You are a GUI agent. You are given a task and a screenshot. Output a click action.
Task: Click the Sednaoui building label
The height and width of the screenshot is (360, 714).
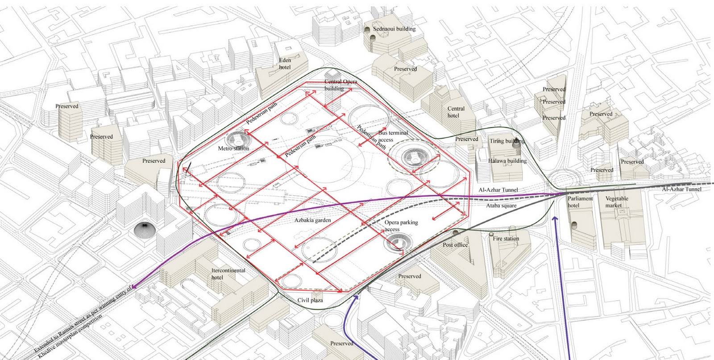[x=394, y=29]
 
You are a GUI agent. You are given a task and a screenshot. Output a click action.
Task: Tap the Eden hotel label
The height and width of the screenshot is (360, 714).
[x=285, y=64]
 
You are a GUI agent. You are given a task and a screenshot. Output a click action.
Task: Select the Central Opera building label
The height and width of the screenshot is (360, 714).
[x=340, y=85]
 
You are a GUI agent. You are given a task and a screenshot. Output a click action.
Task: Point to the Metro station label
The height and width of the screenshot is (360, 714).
[x=233, y=149]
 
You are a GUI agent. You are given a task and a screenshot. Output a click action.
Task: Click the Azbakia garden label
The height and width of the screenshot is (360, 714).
[x=312, y=220]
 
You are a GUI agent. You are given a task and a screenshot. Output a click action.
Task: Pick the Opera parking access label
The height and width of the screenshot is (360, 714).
[x=401, y=226]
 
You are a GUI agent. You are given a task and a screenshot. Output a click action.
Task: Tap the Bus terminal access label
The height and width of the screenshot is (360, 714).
[x=393, y=136]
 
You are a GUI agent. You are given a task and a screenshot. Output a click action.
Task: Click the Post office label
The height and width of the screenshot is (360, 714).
[x=455, y=245]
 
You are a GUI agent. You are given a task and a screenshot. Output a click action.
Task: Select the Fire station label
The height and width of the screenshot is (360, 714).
[x=506, y=239]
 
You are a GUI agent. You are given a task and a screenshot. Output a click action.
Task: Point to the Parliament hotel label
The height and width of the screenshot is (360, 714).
[x=580, y=202]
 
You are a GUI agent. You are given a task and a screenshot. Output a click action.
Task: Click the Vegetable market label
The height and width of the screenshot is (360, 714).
[x=616, y=202]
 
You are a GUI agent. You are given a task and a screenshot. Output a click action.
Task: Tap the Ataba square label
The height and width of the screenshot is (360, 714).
[x=501, y=206]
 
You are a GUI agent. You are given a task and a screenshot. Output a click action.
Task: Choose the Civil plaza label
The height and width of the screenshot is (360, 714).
[x=310, y=300]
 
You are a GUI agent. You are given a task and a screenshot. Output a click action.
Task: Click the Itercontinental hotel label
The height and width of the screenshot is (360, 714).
[x=228, y=274]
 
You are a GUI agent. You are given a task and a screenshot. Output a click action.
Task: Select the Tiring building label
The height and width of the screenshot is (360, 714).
[x=506, y=141]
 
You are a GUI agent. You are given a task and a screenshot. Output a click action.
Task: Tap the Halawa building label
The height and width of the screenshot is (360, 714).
[x=507, y=161]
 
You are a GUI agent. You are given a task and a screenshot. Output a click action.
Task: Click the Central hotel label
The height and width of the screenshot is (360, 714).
[x=456, y=112]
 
